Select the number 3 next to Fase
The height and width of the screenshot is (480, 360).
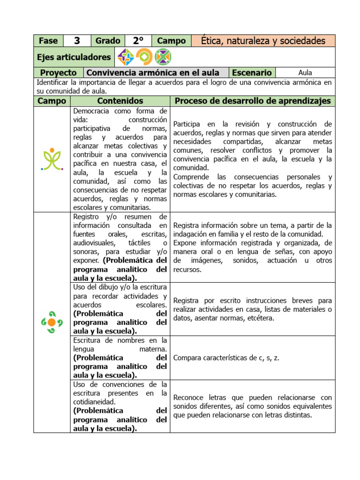(77, 41)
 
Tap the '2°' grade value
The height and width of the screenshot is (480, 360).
(138, 41)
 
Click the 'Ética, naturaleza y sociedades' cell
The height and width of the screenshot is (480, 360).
(263, 41)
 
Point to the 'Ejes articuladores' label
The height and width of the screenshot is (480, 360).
(74, 57)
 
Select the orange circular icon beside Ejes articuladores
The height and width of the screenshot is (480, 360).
(144, 57)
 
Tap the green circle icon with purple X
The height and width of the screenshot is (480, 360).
(163, 57)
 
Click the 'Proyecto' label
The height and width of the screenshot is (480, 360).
(58, 73)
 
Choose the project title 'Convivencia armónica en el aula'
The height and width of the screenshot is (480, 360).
(153, 73)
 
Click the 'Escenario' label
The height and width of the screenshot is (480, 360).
(252, 73)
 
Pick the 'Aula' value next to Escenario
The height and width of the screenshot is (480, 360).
(305, 73)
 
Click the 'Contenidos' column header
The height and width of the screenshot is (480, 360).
(120, 101)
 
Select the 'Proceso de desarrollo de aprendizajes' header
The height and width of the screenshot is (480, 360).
(253, 101)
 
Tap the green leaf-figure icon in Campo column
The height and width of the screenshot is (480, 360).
(52, 159)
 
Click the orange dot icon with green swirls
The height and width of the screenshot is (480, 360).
(52, 322)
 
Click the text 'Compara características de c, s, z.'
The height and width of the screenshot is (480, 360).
(226, 358)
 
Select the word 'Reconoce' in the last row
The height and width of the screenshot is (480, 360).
(188, 397)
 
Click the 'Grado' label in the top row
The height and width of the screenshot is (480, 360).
(108, 41)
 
